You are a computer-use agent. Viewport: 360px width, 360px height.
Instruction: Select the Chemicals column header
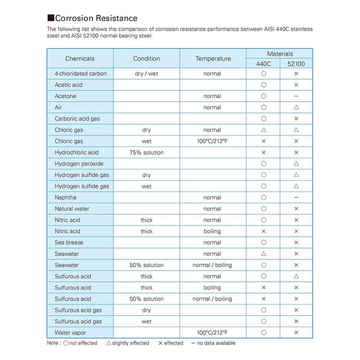(80, 58)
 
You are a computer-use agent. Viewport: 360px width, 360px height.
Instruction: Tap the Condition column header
(146, 58)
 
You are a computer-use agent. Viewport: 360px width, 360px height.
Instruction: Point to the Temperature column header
(213, 58)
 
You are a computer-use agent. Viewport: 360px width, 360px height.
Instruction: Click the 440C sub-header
(264, 64)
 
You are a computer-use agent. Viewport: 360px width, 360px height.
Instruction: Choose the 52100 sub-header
(296, 64)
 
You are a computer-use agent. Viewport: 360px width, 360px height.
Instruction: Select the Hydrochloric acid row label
(76, 152)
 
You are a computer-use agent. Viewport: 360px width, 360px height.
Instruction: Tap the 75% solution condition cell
(146, 152)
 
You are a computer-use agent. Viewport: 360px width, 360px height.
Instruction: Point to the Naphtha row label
(66, 197)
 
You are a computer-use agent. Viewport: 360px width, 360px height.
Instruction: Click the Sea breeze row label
(69, 242)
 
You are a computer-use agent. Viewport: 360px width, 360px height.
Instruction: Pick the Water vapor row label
(70, 333)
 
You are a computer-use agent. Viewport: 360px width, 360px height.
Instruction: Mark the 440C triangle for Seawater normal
(264, 254)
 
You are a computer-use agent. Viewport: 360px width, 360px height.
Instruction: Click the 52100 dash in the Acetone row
(296, 96)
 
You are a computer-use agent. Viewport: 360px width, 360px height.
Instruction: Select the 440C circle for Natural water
(264, 209)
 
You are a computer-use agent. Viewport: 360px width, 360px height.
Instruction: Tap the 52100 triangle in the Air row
(296, 107)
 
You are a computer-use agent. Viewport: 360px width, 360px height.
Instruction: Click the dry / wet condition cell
(146, 74)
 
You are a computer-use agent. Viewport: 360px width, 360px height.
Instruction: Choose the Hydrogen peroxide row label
(79, 163)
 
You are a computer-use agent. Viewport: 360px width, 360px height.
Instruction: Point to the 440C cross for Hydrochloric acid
(264, 152)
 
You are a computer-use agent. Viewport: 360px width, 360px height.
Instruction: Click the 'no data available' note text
(216, 343)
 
